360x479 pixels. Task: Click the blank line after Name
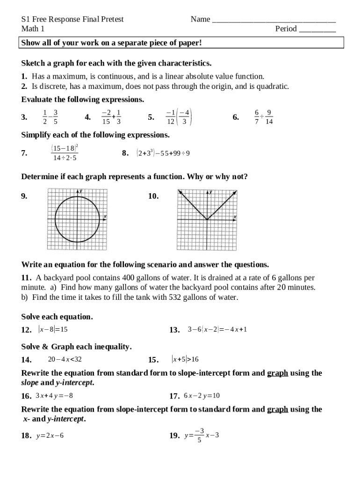tap(274, 21)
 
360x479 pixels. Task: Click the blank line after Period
tap(317, 30)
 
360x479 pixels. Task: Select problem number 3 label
tap(24, 117)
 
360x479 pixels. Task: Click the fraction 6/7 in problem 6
tap(257, 117)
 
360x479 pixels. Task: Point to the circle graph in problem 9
tap(77, 219)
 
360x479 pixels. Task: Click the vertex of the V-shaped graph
tap(207, 219)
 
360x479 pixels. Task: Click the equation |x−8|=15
tap(53, 329)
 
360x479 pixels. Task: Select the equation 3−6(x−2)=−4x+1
tap(217, 329)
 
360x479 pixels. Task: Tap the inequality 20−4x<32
tap(65, 359)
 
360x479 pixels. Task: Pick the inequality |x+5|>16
tap(185, 359)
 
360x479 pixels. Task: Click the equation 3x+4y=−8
tap(54, 396)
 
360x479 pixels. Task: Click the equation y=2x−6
tap(50, 435)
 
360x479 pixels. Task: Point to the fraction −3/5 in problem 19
tap(200, 435)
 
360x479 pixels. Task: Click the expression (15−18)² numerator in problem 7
tap(64, 148)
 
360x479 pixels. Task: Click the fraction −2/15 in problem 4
tap(106, 117)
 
